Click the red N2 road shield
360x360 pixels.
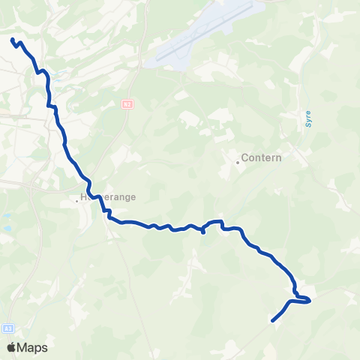(x=127, y=103)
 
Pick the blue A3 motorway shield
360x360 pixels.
(x=7, y=328)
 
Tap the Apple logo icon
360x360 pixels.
(x=11, y=347)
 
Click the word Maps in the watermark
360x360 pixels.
(x=32, y=348)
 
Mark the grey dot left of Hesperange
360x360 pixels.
(x=76, y=201)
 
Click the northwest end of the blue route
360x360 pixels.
(x=13, y=40)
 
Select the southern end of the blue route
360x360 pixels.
(x=271, y=321)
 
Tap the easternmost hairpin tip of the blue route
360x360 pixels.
(x=309, y=301)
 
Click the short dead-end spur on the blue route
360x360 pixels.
(x=203, y=232)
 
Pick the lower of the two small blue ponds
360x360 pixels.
(x=7, y=227)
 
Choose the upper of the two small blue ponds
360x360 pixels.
(x=5, y=216)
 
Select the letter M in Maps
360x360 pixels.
(x=23, y=348)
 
